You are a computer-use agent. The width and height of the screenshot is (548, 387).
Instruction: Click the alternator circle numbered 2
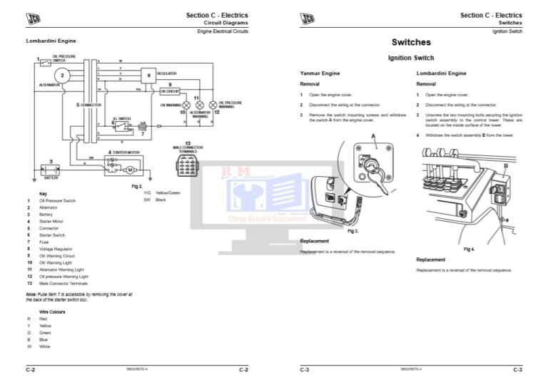tap(63, 75)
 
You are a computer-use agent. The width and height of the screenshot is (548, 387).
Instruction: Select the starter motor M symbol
tap(130, 169)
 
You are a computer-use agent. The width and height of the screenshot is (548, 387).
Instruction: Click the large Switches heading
tap(411, 42)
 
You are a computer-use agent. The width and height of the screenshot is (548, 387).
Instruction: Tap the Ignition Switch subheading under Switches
tap(410, 58)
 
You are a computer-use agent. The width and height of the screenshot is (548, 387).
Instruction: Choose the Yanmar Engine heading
tap(320, 73)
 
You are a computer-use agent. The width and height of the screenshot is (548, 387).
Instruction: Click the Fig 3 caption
tap(352, 232)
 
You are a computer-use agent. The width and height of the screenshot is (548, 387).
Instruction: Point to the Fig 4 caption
tap(469, 249)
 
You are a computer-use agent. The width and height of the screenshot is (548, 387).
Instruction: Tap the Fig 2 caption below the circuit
tap(137, 186)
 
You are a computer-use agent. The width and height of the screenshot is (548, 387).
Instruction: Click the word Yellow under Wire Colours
tap(45, 326)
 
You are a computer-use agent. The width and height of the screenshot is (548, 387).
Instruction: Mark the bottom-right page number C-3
tap(517, 369)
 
